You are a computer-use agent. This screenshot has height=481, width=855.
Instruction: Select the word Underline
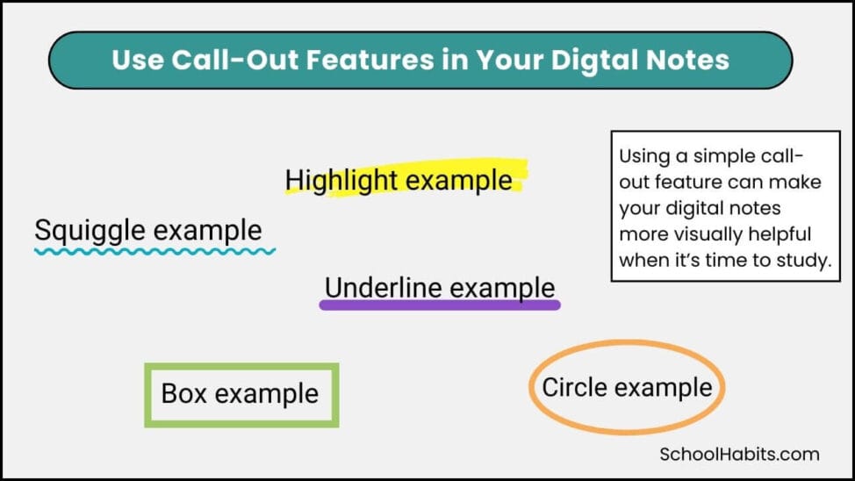(x=380, y=288)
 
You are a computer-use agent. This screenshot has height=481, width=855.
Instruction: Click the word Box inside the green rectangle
(x=184, y=393)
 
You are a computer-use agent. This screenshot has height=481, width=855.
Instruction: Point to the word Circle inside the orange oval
(x=574, y=387)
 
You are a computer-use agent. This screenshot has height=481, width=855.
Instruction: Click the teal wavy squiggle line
(x=154, y=251)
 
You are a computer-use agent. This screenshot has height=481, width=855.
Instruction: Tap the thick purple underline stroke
(x=439, y=305)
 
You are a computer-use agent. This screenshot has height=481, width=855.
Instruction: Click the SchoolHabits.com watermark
(x=739, y=454)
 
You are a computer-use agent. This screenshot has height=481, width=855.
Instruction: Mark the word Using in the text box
(x=643, y=156)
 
